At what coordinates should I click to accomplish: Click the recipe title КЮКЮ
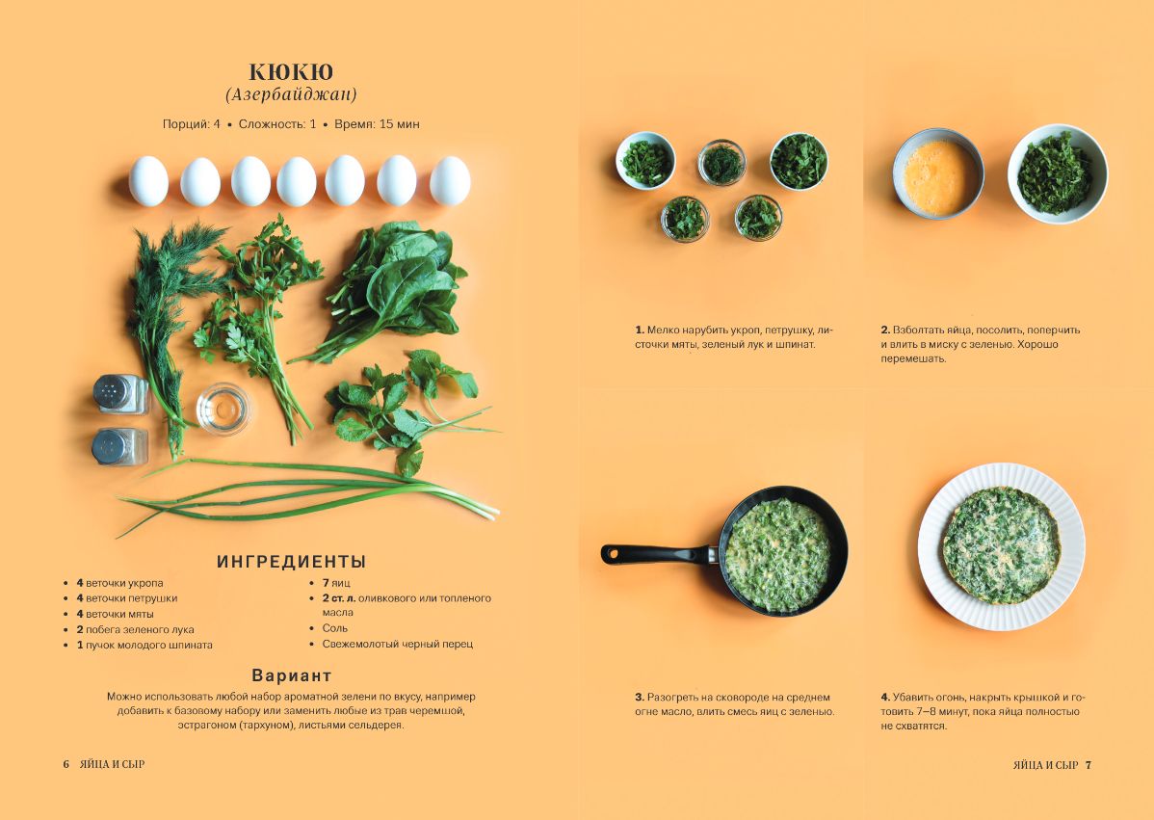[291, 71]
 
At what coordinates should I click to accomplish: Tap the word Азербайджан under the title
[291, 94]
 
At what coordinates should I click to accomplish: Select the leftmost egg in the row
[148, 181]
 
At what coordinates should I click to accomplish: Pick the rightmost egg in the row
[450, 180]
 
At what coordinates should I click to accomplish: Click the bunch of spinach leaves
[390, 287]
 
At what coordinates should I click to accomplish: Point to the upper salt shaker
[120, 394]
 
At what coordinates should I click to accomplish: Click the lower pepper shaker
[119, 447]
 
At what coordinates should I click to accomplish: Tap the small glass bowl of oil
[223, 409]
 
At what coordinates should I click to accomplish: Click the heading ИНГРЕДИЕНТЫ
[292, 562]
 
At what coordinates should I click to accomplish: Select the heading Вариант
[292, 675]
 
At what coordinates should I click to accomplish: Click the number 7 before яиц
[326, 583]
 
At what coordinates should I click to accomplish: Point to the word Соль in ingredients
[335, 628]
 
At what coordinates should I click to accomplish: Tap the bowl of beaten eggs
[938, 173]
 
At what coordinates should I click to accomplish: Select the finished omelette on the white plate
[1001, 545]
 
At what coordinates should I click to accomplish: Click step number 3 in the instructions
[640, 697]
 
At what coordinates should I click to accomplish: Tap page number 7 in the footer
[1088, 765]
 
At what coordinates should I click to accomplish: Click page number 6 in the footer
[66, 765]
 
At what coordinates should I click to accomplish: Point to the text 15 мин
[399, 123]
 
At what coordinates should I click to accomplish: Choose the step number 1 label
[640, 330]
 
